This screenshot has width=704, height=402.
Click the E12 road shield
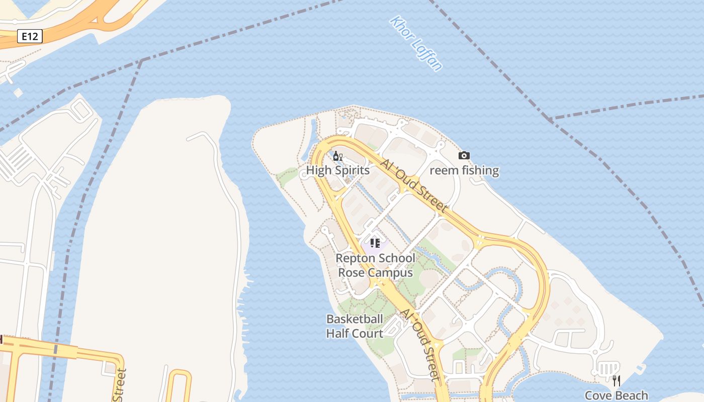click(x=30, y=36)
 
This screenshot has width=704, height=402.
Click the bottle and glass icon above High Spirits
click(x=337, y=156)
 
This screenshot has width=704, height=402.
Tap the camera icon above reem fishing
click(x=464, y=156)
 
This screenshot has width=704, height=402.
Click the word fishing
click(x=480, y=170)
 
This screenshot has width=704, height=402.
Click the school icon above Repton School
click(x=375, y=244)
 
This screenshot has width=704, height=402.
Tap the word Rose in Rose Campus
click(x=350, y=272)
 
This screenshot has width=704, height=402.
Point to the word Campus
click(x=389, y=272)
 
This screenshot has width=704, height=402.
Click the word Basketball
click(x=355, y=319)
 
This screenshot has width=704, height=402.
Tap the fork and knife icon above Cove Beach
click(x=617, y=380)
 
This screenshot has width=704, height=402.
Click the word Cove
click(x=598, y=395)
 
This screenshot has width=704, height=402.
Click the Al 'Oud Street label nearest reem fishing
click(x=413, y=185)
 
